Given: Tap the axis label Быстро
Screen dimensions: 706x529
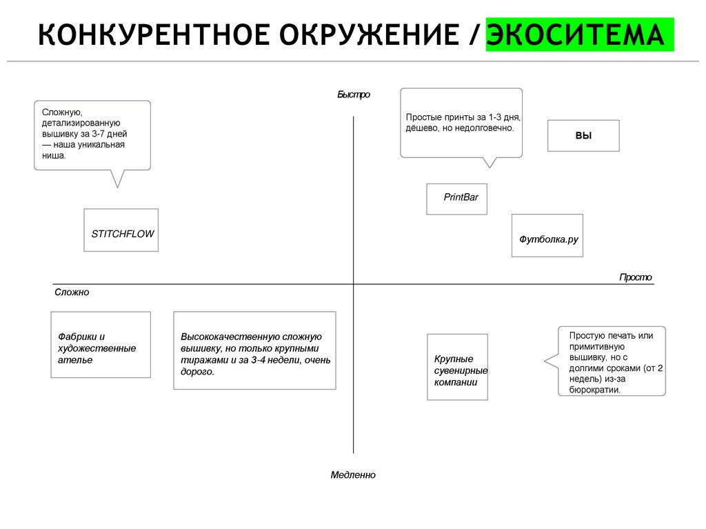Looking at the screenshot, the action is coord(354,94).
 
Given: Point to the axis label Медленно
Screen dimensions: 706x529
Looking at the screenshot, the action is coord(353,475).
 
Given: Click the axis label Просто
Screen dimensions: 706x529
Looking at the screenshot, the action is coord(635,277).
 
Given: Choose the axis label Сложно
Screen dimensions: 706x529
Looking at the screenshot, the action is coord(72,292).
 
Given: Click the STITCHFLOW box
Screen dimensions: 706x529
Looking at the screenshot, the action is coord(121,230).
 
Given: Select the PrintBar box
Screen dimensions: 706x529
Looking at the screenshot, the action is coord(456,199).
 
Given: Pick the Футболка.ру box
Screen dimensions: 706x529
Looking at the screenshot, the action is coord(547,236).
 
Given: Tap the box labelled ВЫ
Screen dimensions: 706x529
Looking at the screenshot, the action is coord(583,136).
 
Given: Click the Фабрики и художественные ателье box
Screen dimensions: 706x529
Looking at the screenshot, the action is coord(101,345).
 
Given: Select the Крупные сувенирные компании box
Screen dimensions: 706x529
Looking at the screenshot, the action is coord(457,367).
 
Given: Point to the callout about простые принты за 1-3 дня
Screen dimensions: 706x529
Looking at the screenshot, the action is coord(461,122).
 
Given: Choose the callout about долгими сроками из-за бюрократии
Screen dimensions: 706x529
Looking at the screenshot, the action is coord(612,361).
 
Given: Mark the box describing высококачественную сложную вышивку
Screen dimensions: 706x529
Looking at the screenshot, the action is coord(254,350).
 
